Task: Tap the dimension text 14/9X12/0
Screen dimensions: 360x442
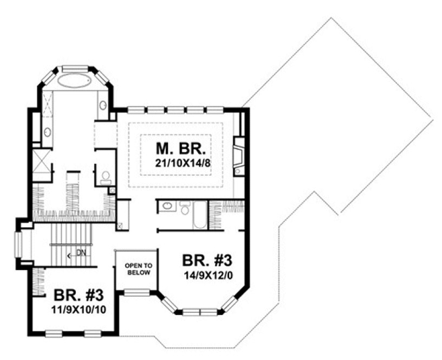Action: pos(207,275)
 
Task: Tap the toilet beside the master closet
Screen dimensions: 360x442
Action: pos(106,176)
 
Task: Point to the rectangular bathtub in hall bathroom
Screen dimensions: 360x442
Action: pos(197,217)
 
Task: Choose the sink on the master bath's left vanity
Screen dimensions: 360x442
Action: pos(47,132)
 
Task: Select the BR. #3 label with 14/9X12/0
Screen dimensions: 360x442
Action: pos(208,259)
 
